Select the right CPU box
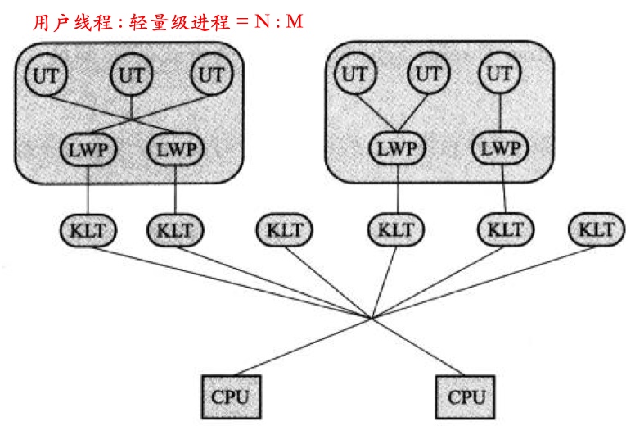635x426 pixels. click(x=466, y=398)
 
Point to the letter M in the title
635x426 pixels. click(x=294, y=22)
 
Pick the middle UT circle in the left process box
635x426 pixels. click(x=132, y=74)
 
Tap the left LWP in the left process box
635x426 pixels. click(x=88, y=150)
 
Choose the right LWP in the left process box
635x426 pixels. click(x=176, y=150)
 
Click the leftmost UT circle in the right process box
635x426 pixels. click(x=354, y=74)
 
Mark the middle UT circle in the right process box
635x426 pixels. click(x=428, y=74)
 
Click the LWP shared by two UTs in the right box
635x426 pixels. click(x=397, y=150)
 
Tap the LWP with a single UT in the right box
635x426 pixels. click(x=499, y=150)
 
